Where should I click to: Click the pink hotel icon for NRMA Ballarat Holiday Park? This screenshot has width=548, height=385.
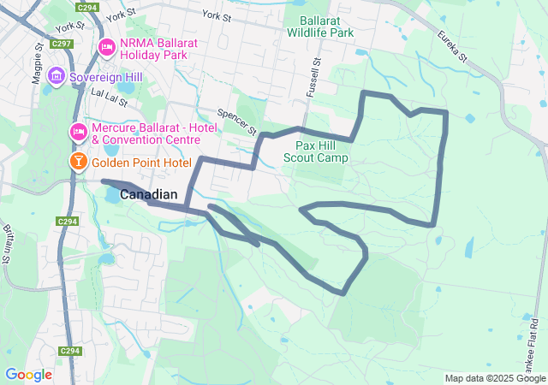107,47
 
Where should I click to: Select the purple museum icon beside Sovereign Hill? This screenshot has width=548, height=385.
57,77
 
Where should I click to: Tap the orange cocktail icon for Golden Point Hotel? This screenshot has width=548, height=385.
78,162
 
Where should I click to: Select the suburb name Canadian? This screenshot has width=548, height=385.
148,195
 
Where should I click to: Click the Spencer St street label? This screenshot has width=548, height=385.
237,122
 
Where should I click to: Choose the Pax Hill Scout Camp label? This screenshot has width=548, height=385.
322,151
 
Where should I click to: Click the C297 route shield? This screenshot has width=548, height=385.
61,43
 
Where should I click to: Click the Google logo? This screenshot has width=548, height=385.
28,374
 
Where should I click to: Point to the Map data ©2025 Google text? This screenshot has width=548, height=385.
494,378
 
